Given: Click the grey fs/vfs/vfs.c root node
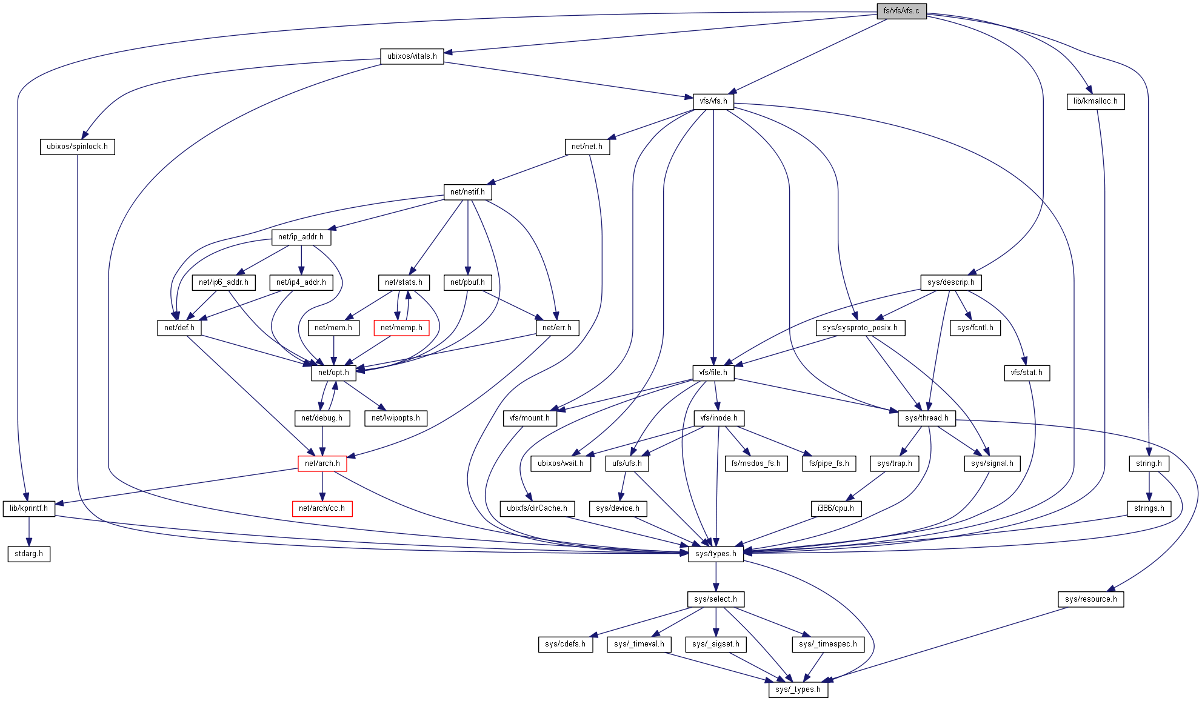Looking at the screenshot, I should pyautogui.click(x=901, y=11).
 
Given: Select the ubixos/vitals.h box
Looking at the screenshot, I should pyautogui.click(x=412, y=56).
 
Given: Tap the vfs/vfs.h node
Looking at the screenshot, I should pyautogui.click(x=713, y=101).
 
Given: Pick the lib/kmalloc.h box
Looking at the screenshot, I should pyautogui.click(x=1095, y=101).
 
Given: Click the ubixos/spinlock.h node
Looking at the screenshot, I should pyautogui.click(x=77, y=147).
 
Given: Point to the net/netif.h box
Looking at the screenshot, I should pyautogui.click(x=467, y=192).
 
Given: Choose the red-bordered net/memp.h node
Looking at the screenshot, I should pyautogui.click(x=401, y=328).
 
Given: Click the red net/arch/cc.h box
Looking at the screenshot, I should pyautogui.click(x=321, y=508).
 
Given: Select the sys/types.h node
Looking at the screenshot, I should pyautogui.click(x=715, y=554).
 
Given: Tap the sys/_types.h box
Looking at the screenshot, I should pyautogui.click(x=798, y=689).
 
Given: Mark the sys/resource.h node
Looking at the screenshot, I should pyautogui.click(x=1090, y=599).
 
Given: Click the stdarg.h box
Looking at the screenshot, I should pyautogui.click(x=28, y=554).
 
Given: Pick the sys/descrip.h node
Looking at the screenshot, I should pyautogui.click(x=950, y=282).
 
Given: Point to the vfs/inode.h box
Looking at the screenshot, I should pyautogui.click(x=718, y=418).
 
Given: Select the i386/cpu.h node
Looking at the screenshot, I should pyautogui.click(x=835, y=508).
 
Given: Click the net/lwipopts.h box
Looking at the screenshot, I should pyautogui.click(x=395, y=418).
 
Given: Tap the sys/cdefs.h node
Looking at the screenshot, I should pyautogui.click(x=565, y=644).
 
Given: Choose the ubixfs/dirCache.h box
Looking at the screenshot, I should pyautogui.click(x=536, y=508).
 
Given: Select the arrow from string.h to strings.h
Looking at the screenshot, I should pyautogui.click(x=1149, y=486).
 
